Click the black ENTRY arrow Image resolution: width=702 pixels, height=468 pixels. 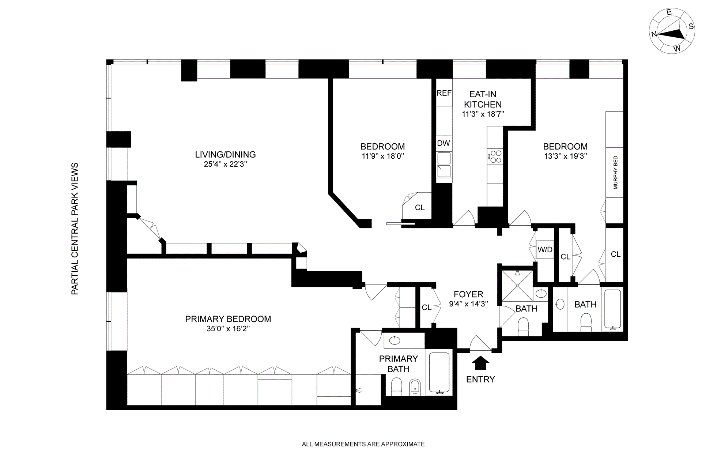coord(480,363)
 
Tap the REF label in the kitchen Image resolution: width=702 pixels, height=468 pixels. coord(444,93)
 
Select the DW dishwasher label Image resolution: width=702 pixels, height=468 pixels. coord(444,143)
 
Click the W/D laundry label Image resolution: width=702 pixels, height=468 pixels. coord(545,250)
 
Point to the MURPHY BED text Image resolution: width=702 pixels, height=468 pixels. coord(615,173)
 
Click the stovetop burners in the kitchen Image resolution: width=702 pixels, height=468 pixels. coord(496,157)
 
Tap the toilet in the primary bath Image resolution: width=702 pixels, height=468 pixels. coord(397,387)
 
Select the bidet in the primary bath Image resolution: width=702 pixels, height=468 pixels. coord(415,387)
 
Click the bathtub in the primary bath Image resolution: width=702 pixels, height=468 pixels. coord(439,373)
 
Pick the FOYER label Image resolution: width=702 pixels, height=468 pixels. coord(468,294)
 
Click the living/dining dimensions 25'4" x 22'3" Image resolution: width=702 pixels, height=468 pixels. coord(226,164)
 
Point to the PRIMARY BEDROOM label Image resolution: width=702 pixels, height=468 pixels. coord(228,319)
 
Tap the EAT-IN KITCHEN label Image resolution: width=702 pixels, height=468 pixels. coord(483,99)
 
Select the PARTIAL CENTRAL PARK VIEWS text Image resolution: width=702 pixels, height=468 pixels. coord(75,229)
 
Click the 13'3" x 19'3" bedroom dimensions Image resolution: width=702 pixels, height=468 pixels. coord(565,156)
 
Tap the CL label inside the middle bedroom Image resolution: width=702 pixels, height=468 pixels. coord(420,208)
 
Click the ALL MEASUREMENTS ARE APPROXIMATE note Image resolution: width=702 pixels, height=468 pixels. coord(363,444)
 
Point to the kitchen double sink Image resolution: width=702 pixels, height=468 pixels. coord(444,165)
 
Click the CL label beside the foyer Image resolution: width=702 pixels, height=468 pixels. coord(427,307)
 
